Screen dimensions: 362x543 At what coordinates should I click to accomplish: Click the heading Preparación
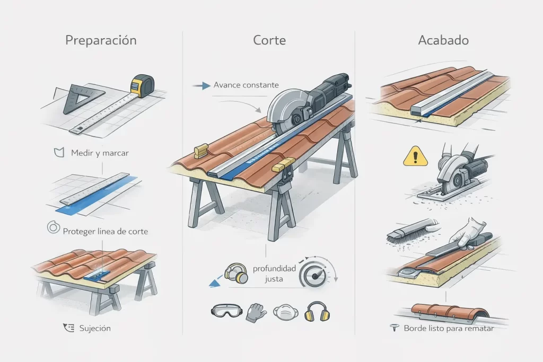click(101, 40)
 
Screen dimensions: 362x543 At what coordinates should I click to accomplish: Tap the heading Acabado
click(443, 40)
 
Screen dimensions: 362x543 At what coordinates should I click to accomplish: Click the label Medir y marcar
click(100, 153)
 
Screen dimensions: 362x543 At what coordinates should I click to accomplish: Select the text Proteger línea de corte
click(105, 231)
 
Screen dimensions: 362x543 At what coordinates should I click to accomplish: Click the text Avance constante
click(246, 85)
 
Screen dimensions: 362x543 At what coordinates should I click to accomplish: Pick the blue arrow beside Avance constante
click(203, 85)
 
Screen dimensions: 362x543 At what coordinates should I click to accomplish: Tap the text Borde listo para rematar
click(449, 329)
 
